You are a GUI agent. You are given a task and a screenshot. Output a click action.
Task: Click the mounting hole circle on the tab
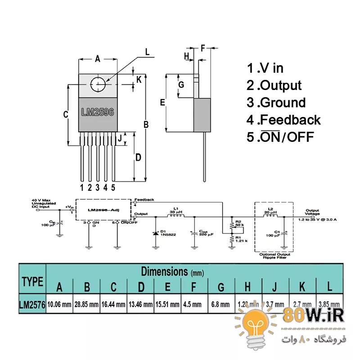click(x=98, y=84)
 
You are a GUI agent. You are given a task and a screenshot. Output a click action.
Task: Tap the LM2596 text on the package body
click(x=97, y=112)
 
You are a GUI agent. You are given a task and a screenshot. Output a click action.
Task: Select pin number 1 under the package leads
click(x=82, y=187)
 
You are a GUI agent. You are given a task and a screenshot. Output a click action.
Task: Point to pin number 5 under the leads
click(x=113, y=187)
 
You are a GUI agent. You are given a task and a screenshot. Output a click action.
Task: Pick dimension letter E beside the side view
click(x=163, y=103)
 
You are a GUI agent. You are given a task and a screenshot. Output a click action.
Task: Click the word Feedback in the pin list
click(x=290, y=120)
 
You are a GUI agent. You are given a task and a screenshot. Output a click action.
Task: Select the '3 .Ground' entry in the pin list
click(x=276, y=103)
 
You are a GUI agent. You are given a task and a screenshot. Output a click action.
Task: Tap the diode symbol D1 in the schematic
click(x=156, y=233)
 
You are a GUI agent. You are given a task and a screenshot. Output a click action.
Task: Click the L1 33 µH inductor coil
click(x=175, y=216)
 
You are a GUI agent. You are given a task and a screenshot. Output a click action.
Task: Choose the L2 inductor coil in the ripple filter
click(x=270, y=215)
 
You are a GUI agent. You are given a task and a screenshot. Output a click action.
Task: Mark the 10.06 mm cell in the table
click(x=59, y=304)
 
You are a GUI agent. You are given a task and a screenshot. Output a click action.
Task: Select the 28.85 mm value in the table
click(x=86, y=304)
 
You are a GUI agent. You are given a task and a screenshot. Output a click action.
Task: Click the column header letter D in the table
click(x=140, y=287)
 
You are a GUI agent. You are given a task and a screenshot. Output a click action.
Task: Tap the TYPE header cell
click(x=32, y=282)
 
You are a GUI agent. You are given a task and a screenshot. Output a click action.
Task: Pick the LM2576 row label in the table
click(x=32, y=304)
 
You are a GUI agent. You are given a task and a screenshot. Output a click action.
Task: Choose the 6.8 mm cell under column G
click(x=220, y=304)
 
